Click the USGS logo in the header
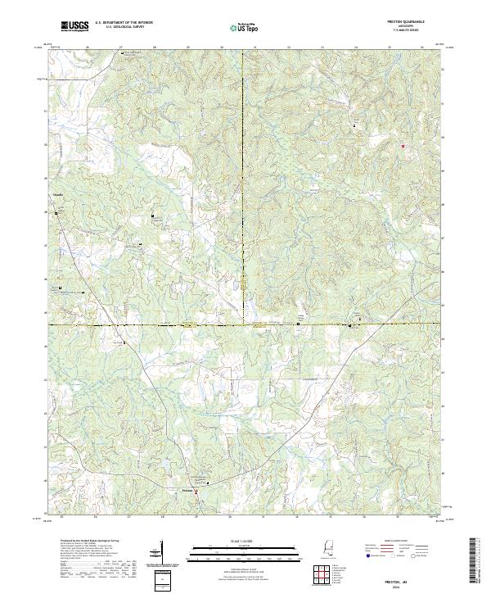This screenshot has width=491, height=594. point(75,27)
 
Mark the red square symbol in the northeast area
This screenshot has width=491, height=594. point(403,146)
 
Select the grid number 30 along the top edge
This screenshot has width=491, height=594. point(222,48)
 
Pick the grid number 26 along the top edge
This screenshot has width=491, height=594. point(87,48)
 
